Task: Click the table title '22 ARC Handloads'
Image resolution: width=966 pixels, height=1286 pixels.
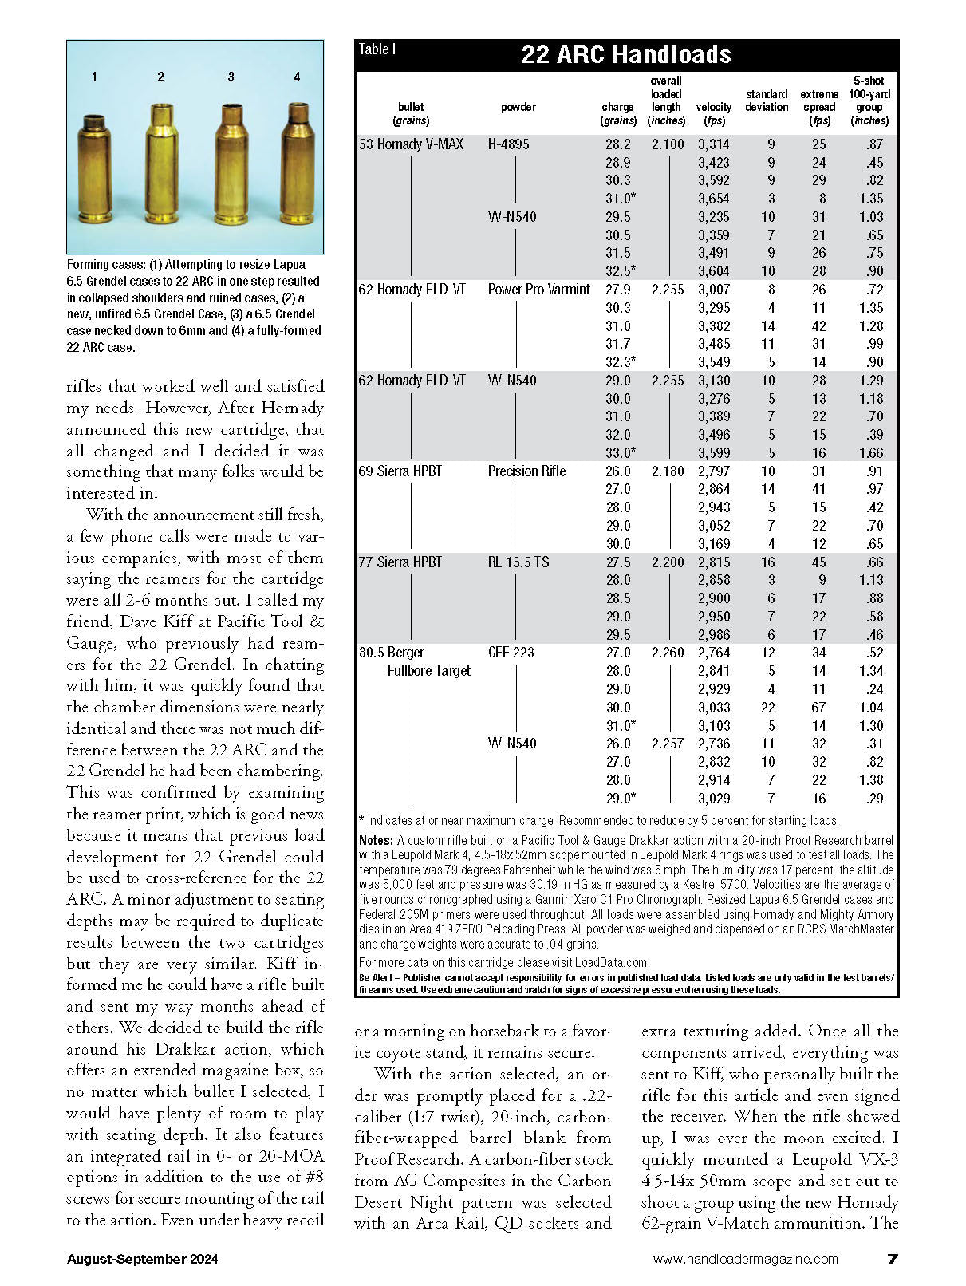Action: tap(626, 54)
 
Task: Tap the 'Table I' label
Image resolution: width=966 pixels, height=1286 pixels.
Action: tap(377, 49)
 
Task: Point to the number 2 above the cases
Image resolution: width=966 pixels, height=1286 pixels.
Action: tap(160, 77)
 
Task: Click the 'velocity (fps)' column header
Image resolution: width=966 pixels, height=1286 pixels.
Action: tap(713, 113)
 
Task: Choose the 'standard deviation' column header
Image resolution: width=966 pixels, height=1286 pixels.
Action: tap(767, 101)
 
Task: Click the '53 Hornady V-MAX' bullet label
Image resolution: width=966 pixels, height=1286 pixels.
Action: tap(411, 144)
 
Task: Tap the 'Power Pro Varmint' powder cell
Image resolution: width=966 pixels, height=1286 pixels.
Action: tap(539, 290)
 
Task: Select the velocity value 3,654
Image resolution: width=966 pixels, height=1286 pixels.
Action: tap(713, 199)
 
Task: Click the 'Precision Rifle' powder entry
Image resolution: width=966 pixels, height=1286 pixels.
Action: tap(526, 471)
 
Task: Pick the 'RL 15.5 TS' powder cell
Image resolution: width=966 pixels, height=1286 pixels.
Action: tap(518, 562)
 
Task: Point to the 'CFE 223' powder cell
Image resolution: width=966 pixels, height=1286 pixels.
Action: tap(511, 653)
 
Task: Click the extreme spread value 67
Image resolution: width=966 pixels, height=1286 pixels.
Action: tap(819, 708)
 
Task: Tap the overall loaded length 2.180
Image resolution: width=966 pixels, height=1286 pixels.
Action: tap(668, 471)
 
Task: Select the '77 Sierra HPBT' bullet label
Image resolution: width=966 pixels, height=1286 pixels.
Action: tap(400, 562)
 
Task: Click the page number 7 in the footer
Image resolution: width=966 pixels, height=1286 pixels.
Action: tap(893, 1259)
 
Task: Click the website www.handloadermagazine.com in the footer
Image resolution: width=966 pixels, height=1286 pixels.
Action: tap(745, 1259)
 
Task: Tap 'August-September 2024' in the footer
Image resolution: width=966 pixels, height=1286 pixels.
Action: tap(142, 1259)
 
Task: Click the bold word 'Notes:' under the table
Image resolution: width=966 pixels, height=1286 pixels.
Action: tap(376, 840)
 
